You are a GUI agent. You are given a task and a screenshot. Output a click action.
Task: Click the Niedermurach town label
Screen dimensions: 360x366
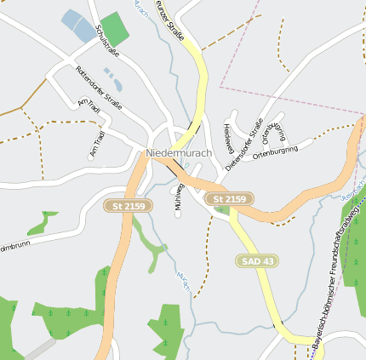[179, 152]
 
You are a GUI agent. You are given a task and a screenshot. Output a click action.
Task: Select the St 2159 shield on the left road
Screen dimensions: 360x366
[128, 205]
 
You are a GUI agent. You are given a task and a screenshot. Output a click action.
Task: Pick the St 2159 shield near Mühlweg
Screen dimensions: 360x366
[229, 199]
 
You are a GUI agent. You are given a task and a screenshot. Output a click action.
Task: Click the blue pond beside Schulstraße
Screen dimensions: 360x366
[81, 26]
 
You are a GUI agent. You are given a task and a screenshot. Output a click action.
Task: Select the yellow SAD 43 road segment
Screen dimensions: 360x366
[264, 289]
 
